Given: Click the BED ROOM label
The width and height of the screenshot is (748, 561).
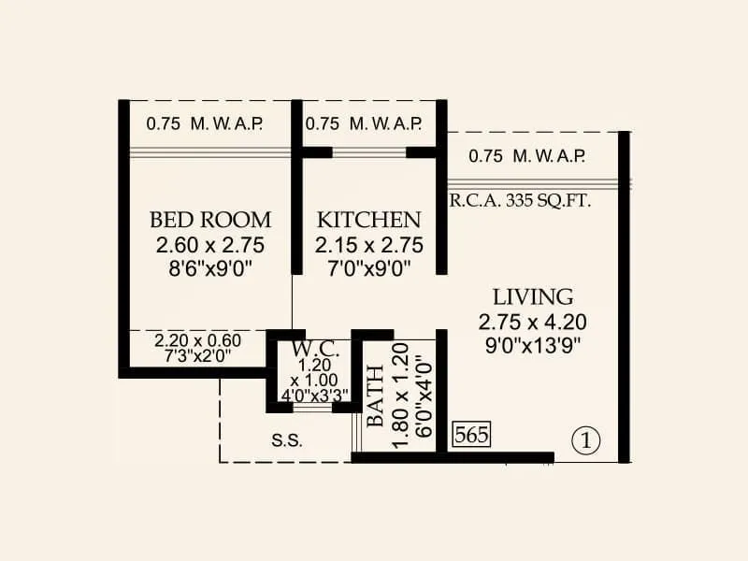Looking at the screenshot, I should [210, 220].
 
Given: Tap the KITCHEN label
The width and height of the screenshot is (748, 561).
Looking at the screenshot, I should [369, 220].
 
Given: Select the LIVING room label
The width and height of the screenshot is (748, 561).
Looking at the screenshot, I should [533, 297].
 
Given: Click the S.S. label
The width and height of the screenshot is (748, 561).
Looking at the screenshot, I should [286, 439].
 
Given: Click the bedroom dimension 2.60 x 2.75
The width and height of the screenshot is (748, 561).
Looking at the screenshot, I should [210, 245].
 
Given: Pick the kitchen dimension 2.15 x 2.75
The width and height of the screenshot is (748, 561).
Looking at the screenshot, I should [369, 245].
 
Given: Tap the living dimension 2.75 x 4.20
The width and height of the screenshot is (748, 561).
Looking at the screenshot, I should [533, 322].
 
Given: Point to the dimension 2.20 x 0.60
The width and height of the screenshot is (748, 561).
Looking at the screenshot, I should [197, 340].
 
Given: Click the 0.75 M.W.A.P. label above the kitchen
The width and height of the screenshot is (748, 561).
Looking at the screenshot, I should [364, 122].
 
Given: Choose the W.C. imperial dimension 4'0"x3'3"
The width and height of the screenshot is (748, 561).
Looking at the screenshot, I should [309, 394].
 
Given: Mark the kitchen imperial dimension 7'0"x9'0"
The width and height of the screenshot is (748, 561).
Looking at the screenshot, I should [369, 268].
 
